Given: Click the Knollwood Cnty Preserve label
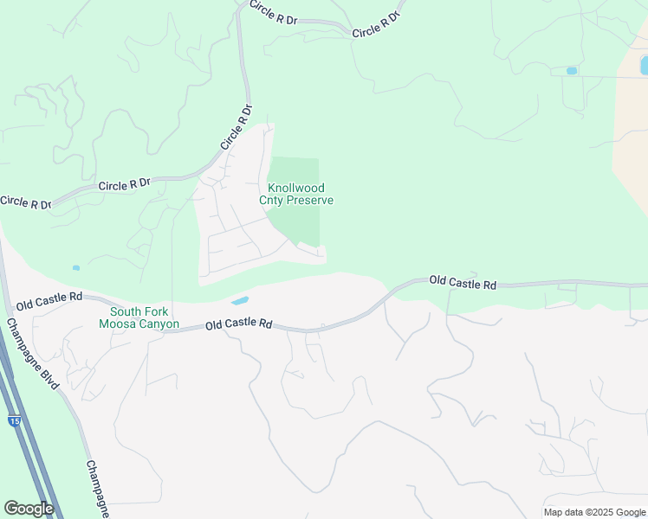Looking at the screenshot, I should pyautogui.click(x=296, y=194).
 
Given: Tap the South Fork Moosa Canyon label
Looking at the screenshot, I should pyautogui.click(x=139, y=318).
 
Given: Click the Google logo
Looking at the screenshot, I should pyautogui.click(x=29, y=509).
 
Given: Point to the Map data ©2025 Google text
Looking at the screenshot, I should pyautogui.click(x=594, y=512).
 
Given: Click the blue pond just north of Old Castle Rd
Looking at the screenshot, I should pyautogui.click(x=239, y=301).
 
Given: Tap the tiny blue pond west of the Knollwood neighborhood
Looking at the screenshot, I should pyautogui.click(x=76, y=268).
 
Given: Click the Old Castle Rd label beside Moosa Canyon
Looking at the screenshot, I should pyautogui.click(x=240, y=324).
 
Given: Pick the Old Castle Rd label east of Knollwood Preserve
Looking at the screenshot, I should pyautogui.click(x=463, y=282).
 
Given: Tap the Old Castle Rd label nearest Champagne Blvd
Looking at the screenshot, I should pyautogui.click(x=49, y=300).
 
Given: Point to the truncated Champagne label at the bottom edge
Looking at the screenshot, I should pyautogui.click(x=98, y=490).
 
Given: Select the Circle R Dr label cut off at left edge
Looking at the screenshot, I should pyautogui.click(x=25, y=203).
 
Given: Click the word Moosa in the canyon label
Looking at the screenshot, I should pyautogui.click(x=120, y=325).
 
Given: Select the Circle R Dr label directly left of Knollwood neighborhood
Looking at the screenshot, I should pyautogui.click(x=125, y=184).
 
